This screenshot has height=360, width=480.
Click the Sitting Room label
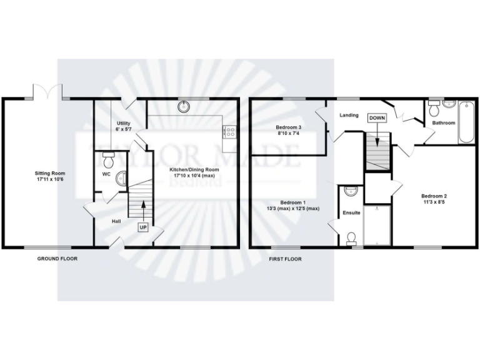[x=49, y=173]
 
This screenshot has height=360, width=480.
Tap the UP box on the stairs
[x=143, y=227]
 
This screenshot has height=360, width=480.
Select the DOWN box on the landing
[x=377, y=118]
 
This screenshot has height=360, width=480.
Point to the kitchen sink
[x=184, y=106]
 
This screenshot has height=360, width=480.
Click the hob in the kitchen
[x=229, y=131]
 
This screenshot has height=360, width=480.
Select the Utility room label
[x=122, y=123]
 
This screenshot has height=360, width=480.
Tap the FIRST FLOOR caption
[x=285, y=258]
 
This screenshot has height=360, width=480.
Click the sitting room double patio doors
[x=47, y=92]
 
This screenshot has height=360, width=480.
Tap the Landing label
[x=349, y=116]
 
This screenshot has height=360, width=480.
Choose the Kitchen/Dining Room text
[x=196, y=169]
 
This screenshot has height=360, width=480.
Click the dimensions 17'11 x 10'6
[x=49, y=180]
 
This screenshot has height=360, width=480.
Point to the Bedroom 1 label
[x=292, y=202]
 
